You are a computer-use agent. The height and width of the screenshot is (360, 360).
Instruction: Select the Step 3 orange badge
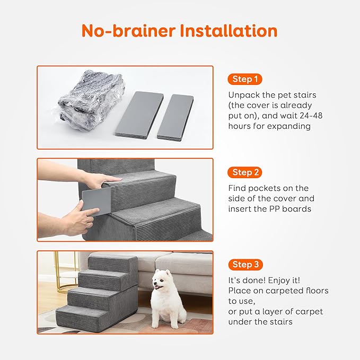[245, 265]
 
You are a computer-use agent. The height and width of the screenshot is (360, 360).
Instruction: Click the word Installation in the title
[229, 31]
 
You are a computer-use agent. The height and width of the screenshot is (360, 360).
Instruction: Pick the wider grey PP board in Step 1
[138, 113]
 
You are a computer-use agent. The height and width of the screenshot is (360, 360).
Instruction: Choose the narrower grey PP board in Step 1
[175, 116]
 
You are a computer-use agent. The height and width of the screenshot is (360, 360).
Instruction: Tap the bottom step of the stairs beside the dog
[80, 317]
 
